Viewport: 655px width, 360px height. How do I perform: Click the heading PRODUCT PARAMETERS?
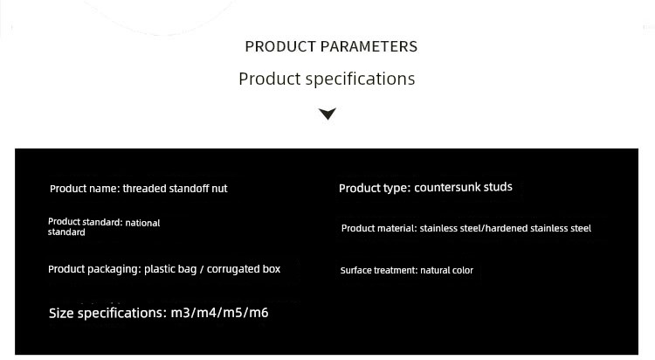[331, 46]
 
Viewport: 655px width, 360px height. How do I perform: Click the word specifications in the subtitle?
[360, 79]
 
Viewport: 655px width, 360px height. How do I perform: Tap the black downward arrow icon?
[327, 114]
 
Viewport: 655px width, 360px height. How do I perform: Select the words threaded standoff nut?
[175, 189]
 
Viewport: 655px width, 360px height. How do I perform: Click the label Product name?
[85, 189]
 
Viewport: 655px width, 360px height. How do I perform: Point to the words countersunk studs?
[463, 187]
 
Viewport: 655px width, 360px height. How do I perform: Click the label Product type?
[375, 189]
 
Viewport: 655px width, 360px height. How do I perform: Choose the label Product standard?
[86, 222]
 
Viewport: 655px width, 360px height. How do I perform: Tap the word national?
[142, 223]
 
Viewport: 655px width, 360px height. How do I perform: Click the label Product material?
[379, 228]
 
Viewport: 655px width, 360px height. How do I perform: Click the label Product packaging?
[94, 269]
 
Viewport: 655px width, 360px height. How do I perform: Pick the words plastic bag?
[170, 269]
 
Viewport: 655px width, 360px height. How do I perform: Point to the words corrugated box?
[244, 269]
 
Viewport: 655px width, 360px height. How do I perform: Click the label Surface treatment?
[379, 271]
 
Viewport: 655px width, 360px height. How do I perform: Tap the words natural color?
[446, 271]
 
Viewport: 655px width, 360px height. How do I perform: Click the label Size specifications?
[107, 313]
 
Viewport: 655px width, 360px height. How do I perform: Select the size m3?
[180, 313]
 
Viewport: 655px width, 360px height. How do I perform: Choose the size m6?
[259, 313]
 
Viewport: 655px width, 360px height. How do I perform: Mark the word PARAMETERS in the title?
[369, 46]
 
